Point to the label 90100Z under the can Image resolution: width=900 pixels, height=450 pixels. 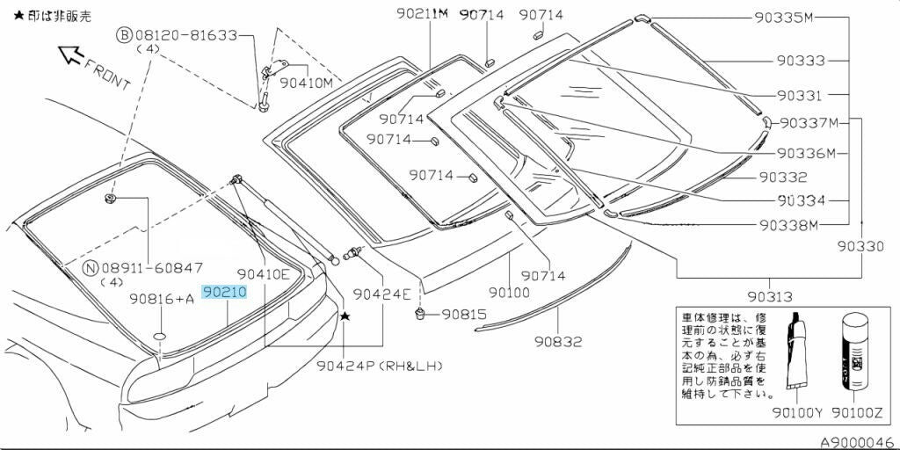click(857, 411)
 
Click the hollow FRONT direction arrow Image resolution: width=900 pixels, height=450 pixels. click(70, 55)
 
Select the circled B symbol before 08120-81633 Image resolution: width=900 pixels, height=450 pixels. click(125, 35)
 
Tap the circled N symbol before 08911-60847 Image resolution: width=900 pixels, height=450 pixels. click(90, 267)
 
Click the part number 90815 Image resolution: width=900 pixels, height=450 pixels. click(463, 314)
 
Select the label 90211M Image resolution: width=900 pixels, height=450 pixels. click(422, 13)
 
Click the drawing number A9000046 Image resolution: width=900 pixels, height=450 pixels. click(857, 443)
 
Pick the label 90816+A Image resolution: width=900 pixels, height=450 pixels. click(162, 299)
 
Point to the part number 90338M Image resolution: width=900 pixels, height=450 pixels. click(788, 224)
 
